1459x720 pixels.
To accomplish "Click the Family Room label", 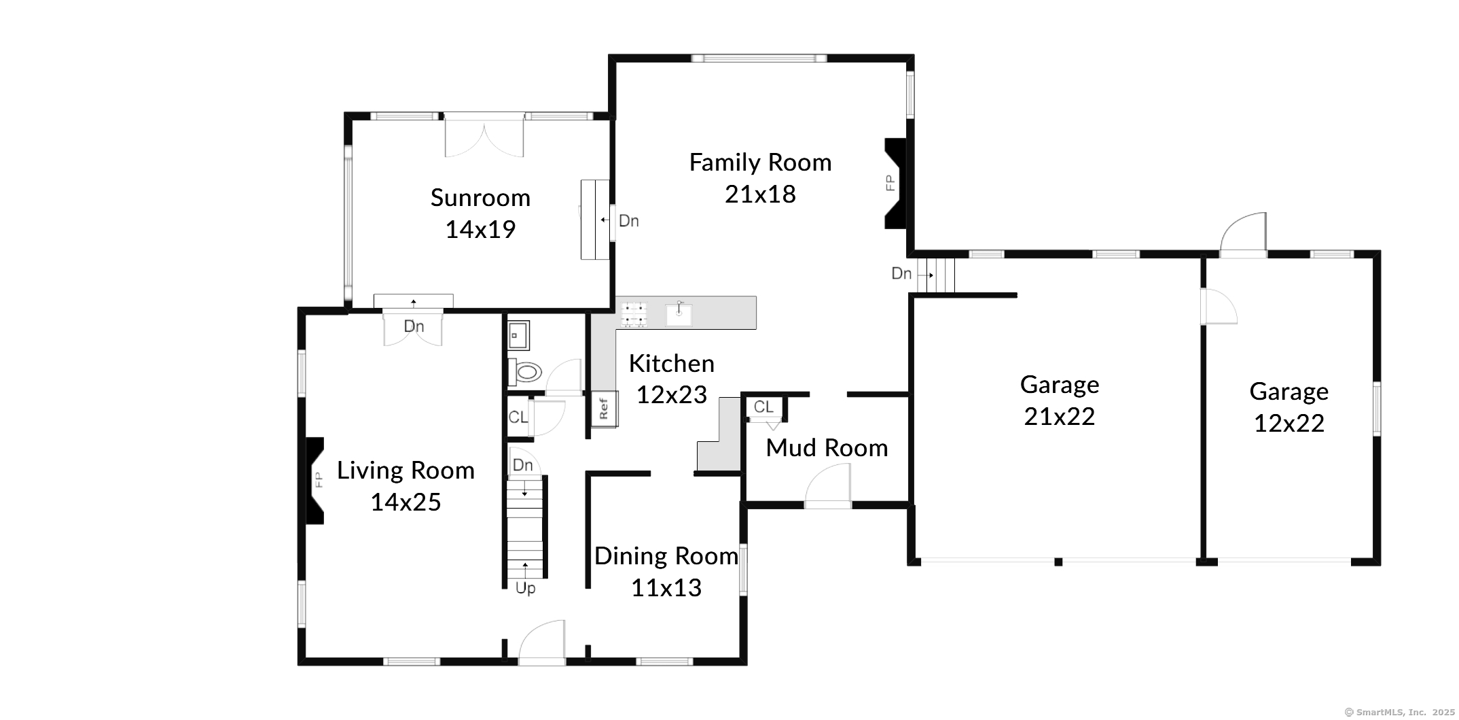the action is (760, 163).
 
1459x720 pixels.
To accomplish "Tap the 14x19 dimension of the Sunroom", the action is (480, 230).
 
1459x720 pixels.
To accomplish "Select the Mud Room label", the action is (827, 448).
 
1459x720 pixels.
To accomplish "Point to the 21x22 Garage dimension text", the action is (1060, 417).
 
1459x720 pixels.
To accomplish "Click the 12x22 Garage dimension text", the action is (1289, 424).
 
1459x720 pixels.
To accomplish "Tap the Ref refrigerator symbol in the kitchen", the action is (603, 409).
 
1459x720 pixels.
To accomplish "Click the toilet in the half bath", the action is (525, 371).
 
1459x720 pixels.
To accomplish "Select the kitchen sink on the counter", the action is (679, 314).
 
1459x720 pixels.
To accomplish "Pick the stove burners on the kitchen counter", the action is (634, 314).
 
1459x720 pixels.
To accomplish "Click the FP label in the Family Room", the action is (890, 183).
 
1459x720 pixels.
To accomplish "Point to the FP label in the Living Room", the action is (318, 479).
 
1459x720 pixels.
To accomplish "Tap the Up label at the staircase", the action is (526, 589).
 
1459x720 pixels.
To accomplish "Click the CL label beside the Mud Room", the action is (763, 407).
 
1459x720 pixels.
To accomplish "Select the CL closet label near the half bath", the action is (518, 417).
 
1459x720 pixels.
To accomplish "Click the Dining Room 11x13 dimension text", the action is (666, 588).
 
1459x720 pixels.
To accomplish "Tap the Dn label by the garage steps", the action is (901, 273).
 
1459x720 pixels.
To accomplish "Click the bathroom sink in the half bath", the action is (518, 335).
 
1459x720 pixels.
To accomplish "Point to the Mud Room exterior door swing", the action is (827, 485).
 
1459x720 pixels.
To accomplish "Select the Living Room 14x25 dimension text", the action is (406, 502).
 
